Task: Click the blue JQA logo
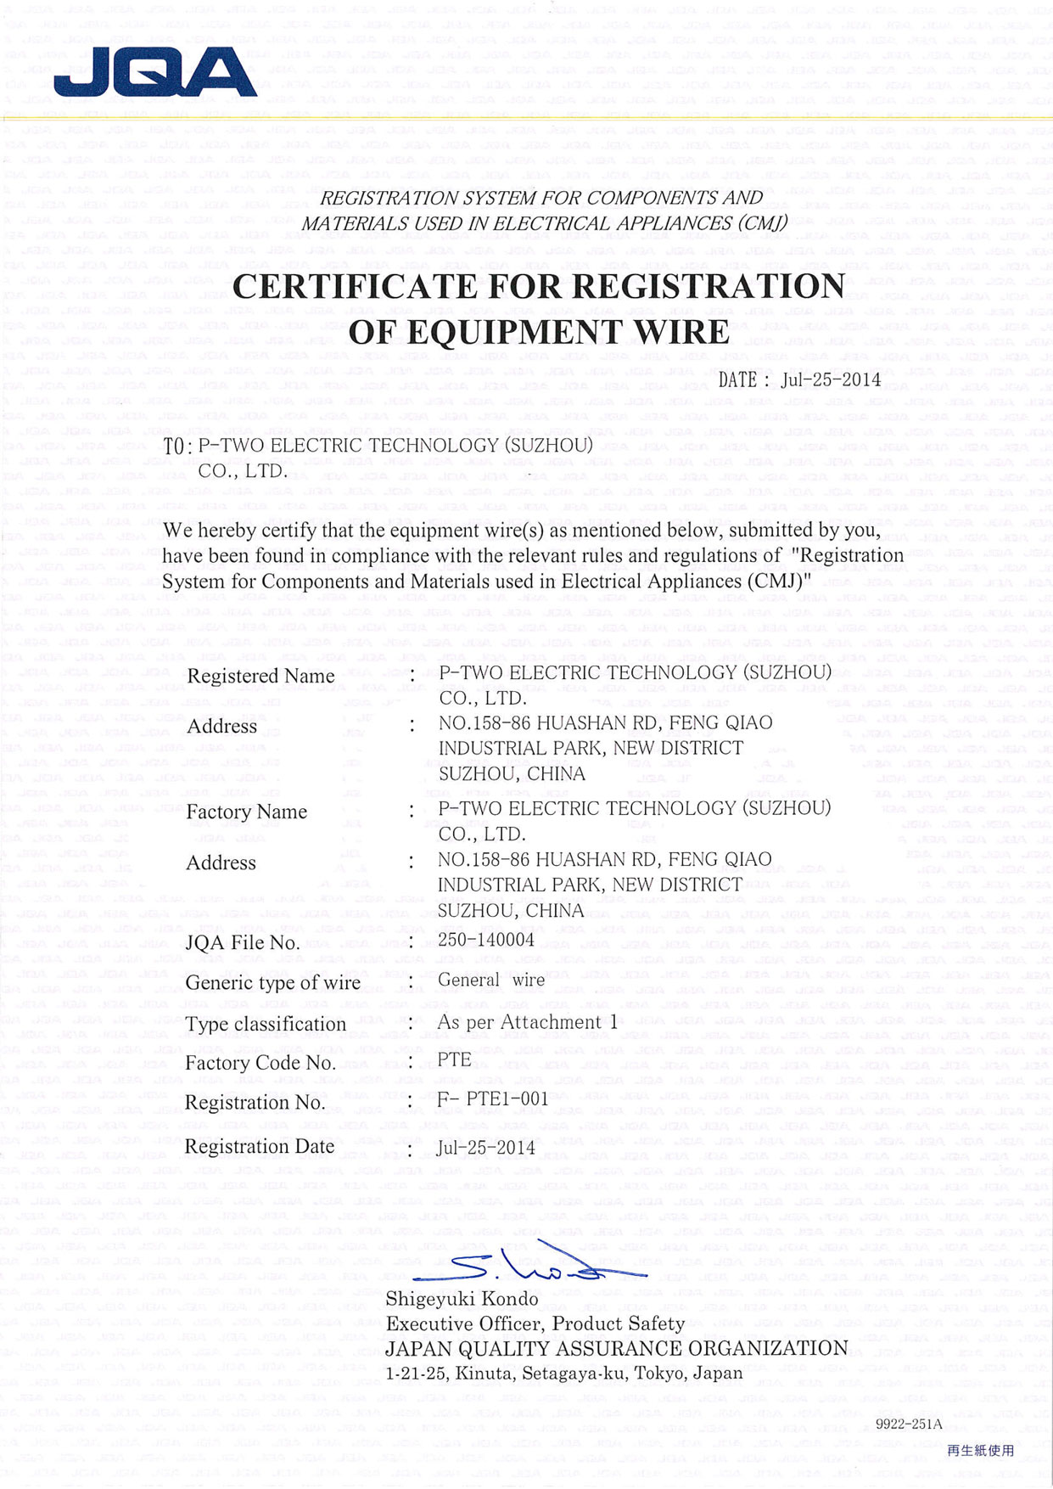pyautogui.click(x=155, y=72)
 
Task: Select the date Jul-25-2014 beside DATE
pyautogui.click(x=831, y=379)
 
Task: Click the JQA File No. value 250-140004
pyautogui.click(x=486, y=939)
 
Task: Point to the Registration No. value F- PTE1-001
pyautogui.click(x=493, y=1098)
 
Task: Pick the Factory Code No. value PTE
pyautogui.click(x=454, y=1059)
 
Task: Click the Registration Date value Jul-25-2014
pyautogui.click(x=486, y=1148)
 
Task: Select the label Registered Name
pyautogui.click(x=260, y=676)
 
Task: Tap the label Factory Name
pyautogui.click(x=246, y=812)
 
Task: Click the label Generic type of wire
pyautogui.click(x=272, y=982)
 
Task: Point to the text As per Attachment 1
pyautogui.click(x=527, y=1022)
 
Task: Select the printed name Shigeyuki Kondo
pyautogui.click(x=462, y=1299)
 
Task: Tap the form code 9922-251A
pyautogui.click(x=909, y=1424)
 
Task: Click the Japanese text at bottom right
pyautogui.click(x=980, y=1451)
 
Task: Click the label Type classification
pyautogui.click(x=266, y=1024)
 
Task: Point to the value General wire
pyautogui.click(x=491, y=980)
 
